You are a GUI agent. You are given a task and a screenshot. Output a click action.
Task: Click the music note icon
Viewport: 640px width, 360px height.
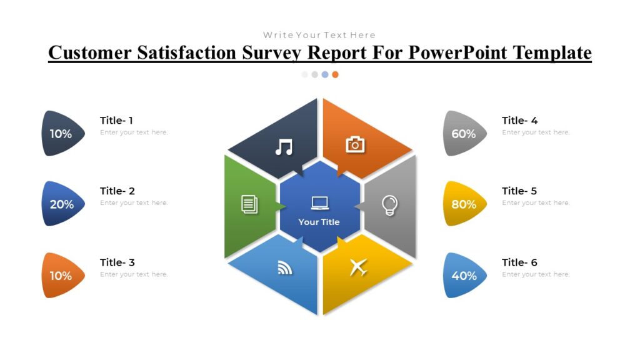pos(284,147)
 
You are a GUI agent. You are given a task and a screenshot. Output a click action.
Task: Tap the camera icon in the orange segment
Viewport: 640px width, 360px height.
pos(355,144)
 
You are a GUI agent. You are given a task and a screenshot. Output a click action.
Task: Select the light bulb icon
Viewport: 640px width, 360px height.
pos(389,204)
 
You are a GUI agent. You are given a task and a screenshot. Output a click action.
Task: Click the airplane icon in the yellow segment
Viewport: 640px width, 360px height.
pos(357,267)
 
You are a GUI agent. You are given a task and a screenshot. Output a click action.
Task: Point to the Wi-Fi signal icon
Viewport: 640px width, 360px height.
pos(285,268)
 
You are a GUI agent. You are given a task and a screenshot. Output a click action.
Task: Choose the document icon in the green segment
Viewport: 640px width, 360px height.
pos(249,204)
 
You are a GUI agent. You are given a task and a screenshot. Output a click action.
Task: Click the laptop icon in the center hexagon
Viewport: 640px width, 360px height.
pos(319,202)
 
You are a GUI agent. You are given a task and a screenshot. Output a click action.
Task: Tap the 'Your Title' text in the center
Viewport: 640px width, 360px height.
pos(319,222)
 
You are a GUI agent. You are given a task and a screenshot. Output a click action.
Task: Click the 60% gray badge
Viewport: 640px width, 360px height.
pos(464,134)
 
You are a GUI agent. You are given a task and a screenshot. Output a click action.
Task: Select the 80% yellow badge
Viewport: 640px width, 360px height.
pos(464,204)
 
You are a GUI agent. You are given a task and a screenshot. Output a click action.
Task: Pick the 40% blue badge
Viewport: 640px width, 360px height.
pos(464,276)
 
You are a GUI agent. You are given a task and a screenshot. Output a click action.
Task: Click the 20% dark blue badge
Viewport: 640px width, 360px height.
pos(62,204)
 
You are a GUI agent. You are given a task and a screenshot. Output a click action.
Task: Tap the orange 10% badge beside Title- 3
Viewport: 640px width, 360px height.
pos(61,276)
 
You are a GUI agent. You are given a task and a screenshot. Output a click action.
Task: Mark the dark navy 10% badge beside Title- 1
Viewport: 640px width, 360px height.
pos(61,134)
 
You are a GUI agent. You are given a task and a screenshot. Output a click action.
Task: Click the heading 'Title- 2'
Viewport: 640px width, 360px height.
pos(117,191)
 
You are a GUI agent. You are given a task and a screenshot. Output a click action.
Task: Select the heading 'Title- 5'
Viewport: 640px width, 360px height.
pos(519,191)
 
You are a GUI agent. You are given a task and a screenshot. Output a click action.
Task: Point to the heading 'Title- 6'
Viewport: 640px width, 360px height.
pos(519,262)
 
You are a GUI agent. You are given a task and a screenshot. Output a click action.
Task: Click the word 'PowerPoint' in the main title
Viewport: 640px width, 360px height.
pos(458,52)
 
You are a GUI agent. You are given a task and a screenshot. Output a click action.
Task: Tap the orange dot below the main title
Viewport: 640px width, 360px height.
pos(335,74)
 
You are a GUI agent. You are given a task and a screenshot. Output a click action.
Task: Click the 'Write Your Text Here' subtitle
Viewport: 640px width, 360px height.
pos(319,35)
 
